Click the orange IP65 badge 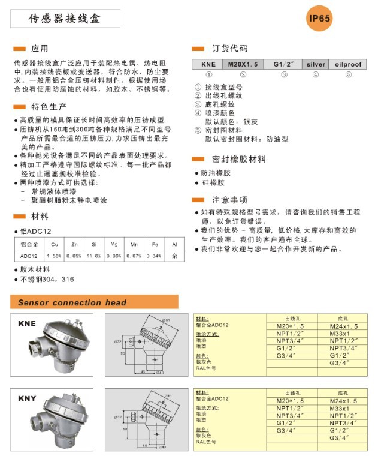[319, 19]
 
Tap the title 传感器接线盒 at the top [65, 19]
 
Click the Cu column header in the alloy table [55, 244]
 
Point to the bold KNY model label [27, 398]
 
